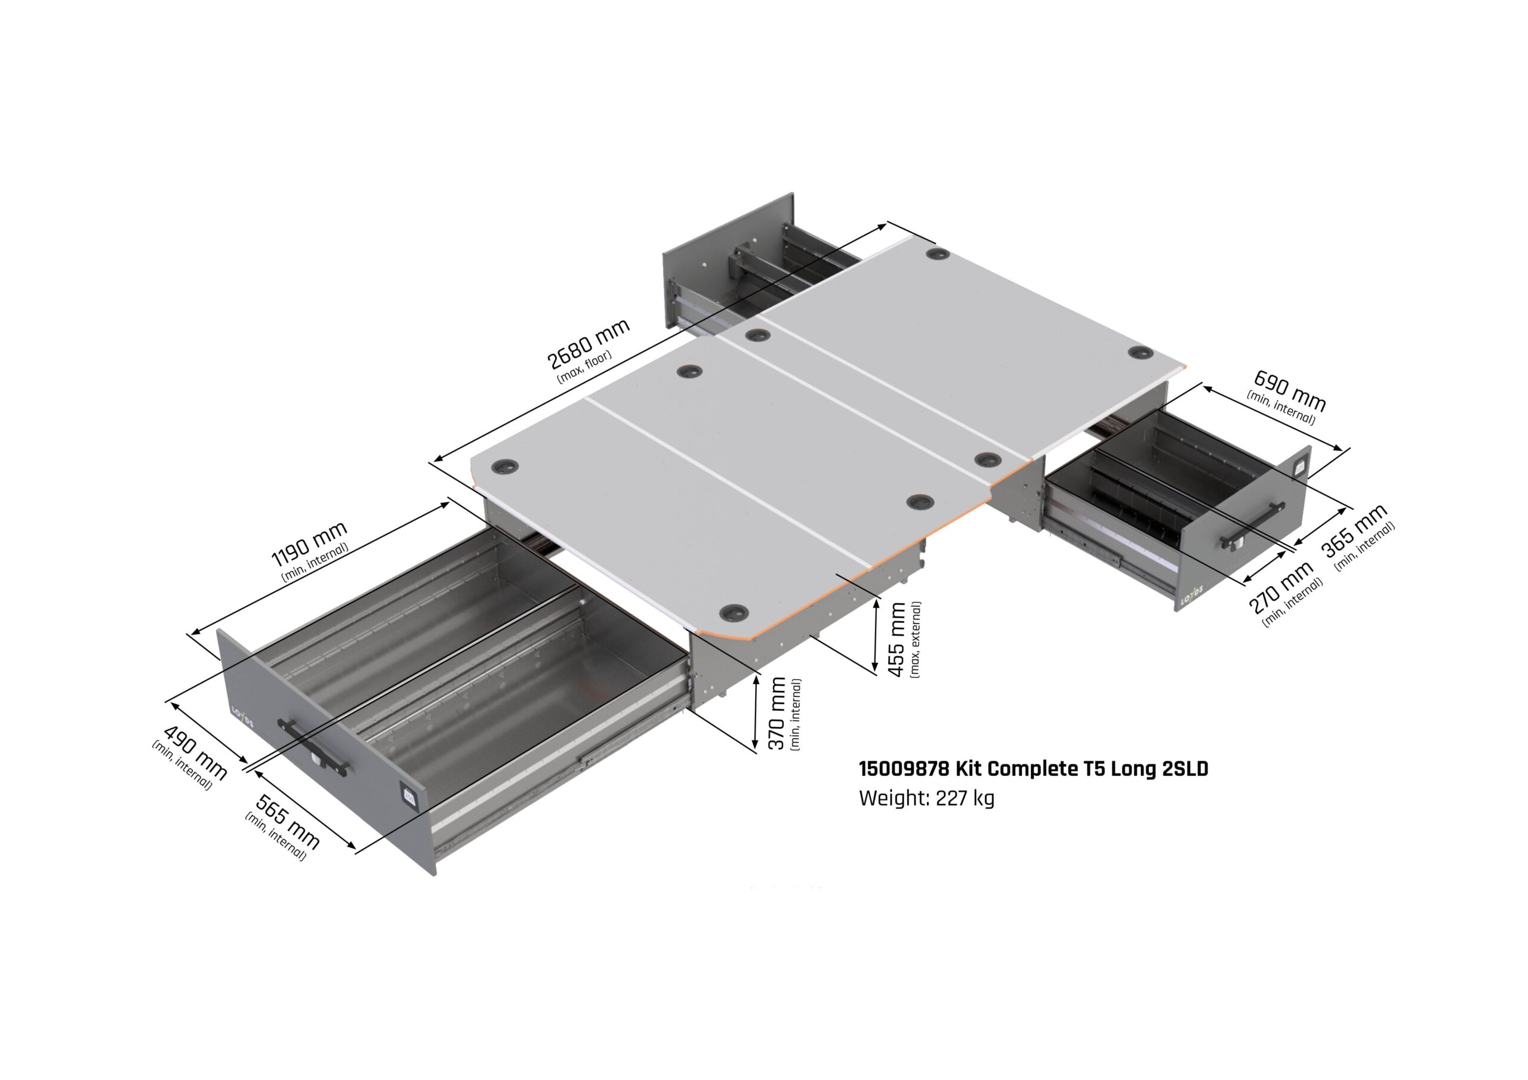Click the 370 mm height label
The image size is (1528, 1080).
point(777,714)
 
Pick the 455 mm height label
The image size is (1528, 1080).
point(898,640)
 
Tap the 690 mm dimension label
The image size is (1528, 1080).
point(1290,391)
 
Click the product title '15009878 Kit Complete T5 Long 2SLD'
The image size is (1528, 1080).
point(1033,769)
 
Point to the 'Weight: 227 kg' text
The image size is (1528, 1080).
point(926,798)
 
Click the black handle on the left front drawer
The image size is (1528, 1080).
point(313,746)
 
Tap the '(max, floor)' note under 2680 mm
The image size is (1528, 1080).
point(584,366)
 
